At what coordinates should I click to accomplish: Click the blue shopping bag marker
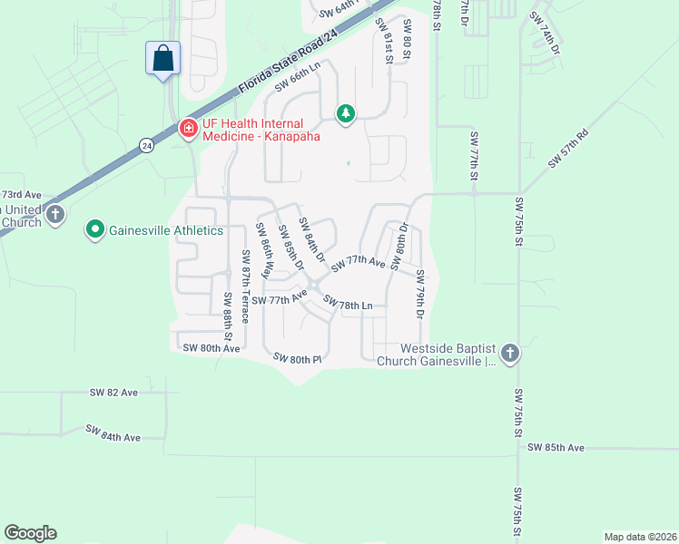[x=162, y=59]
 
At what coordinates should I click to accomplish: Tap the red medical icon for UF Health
[x=189, y=128]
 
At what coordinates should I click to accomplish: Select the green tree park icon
[x=345, y=113]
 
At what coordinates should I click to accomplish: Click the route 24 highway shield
[x=146, y=145]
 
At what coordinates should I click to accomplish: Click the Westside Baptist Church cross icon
[x=509, y=353]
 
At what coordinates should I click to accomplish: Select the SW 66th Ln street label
[x=299, y=82]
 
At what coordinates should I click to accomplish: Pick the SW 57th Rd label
[x=568, y=149]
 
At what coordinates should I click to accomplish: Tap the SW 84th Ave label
[x=113, y=432]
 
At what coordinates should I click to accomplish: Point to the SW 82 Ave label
[x=113, y=393]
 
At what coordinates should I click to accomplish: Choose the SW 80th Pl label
[x=299, y=359]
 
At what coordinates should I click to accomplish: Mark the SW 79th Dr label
[x=420, y=294]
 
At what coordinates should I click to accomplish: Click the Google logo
[x=30, y=533]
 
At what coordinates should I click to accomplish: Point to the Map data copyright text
[x=639, y=537]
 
